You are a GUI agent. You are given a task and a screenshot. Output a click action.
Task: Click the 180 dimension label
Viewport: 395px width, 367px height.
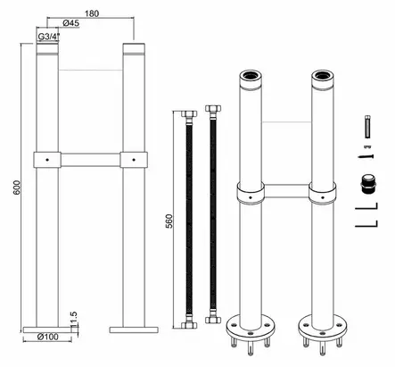point(92,13)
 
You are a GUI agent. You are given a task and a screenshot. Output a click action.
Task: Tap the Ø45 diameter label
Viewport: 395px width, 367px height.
point(71,22)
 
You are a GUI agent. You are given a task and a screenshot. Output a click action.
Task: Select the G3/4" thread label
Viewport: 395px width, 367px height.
point(49,37)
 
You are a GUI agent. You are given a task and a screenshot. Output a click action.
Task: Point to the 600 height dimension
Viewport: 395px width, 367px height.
point(17,188)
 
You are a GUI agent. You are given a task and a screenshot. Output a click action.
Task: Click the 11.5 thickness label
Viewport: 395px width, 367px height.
point(73,319)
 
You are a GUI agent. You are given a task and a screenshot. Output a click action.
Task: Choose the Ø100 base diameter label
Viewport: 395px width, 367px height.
point(48,337)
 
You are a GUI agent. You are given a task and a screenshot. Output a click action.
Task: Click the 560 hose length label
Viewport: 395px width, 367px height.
point(169,221)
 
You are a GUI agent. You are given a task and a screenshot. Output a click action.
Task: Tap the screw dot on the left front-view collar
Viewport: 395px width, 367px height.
point(47,160)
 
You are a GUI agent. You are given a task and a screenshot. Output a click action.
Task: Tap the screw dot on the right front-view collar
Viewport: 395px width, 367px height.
point(134,160)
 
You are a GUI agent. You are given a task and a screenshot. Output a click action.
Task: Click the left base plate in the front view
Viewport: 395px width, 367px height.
point(47,329)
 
